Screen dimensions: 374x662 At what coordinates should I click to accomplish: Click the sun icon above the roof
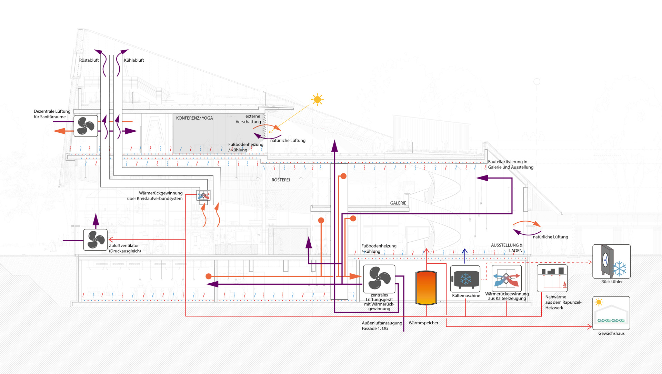tap(317, 100)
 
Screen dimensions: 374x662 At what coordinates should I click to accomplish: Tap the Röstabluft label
tap(89, 60)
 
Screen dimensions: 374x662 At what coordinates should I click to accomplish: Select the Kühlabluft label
tap(134, 60)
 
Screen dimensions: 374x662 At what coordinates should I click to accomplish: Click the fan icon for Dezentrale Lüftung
tap(86, 126)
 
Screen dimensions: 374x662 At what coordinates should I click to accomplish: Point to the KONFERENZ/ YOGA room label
tap(194, 118)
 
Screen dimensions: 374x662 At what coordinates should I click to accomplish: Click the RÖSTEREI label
tap(281, 180)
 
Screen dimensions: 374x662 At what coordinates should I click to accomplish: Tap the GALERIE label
tap(398, 203)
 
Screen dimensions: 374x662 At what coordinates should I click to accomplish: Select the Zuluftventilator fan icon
tap(96, 240)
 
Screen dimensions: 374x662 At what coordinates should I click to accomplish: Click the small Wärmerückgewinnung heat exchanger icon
tap(203, 195)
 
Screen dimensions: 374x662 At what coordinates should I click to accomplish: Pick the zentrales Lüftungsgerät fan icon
tap(379, 279)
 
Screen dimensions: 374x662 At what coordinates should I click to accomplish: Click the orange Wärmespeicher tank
tap(426, 288)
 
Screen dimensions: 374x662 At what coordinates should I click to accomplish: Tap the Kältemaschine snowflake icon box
tap(465, 279)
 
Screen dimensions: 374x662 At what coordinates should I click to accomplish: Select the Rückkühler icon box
tap(611, 261)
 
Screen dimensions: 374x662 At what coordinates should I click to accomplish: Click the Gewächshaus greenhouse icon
tap(611, 313)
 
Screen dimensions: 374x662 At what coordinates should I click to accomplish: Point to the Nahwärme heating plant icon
tap(552, 278)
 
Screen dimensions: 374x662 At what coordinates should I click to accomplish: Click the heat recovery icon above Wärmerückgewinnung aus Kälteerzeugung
tap(506, 278)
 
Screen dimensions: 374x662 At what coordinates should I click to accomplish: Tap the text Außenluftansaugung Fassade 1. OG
tap(382, 326)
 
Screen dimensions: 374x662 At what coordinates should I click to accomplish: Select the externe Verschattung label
tap(248, 119)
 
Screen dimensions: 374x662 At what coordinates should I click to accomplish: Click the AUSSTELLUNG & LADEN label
tap(506, 248)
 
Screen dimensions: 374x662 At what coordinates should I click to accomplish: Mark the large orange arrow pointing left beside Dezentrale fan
tap(60, 131)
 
